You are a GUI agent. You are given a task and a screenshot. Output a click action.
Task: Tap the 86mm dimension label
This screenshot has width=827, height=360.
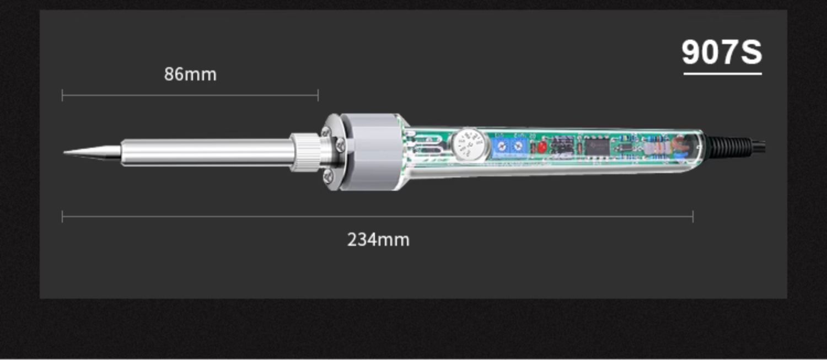190,74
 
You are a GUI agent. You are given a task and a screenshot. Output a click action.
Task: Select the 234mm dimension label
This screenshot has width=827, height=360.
378,240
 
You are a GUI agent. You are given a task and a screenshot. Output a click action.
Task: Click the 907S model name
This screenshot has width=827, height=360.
722,52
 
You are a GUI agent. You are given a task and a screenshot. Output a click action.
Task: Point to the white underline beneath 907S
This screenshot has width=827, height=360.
722,73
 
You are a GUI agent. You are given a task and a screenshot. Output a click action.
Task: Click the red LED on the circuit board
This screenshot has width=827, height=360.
541,147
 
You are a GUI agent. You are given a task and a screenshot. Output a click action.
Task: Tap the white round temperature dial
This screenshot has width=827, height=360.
469,144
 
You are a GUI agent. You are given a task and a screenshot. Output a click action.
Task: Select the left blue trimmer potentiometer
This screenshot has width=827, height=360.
502,146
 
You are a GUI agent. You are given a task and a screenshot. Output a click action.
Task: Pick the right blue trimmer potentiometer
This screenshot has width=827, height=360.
519,146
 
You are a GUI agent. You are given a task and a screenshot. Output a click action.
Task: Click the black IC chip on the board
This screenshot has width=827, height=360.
597,147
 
